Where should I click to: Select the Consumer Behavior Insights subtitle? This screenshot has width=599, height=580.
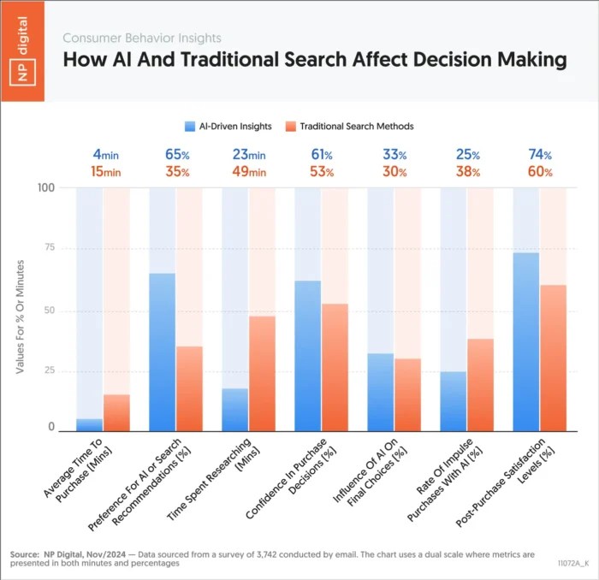(x=141, y=38)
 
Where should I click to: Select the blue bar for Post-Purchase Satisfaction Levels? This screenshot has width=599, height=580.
(x=525, y=342)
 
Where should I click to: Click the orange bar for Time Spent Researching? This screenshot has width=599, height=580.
(x=262, y=373)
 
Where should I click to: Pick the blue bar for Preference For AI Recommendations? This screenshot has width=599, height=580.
(x=162, y=351)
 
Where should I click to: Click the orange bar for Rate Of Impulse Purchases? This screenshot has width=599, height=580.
(x=480, y=385)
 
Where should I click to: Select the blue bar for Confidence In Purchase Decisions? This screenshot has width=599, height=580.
(x=307, y=355)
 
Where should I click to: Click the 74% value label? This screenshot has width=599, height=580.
(x=539, y=155)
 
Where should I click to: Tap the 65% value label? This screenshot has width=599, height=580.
(x=175, y=155)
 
